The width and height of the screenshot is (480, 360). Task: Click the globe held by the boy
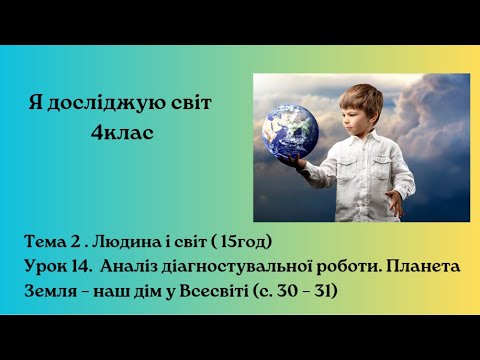coord(291,129)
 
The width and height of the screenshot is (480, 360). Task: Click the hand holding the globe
coord(293,158)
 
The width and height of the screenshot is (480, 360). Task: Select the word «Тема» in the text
coord(48,242)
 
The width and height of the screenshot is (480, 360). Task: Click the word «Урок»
coord(47,267)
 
